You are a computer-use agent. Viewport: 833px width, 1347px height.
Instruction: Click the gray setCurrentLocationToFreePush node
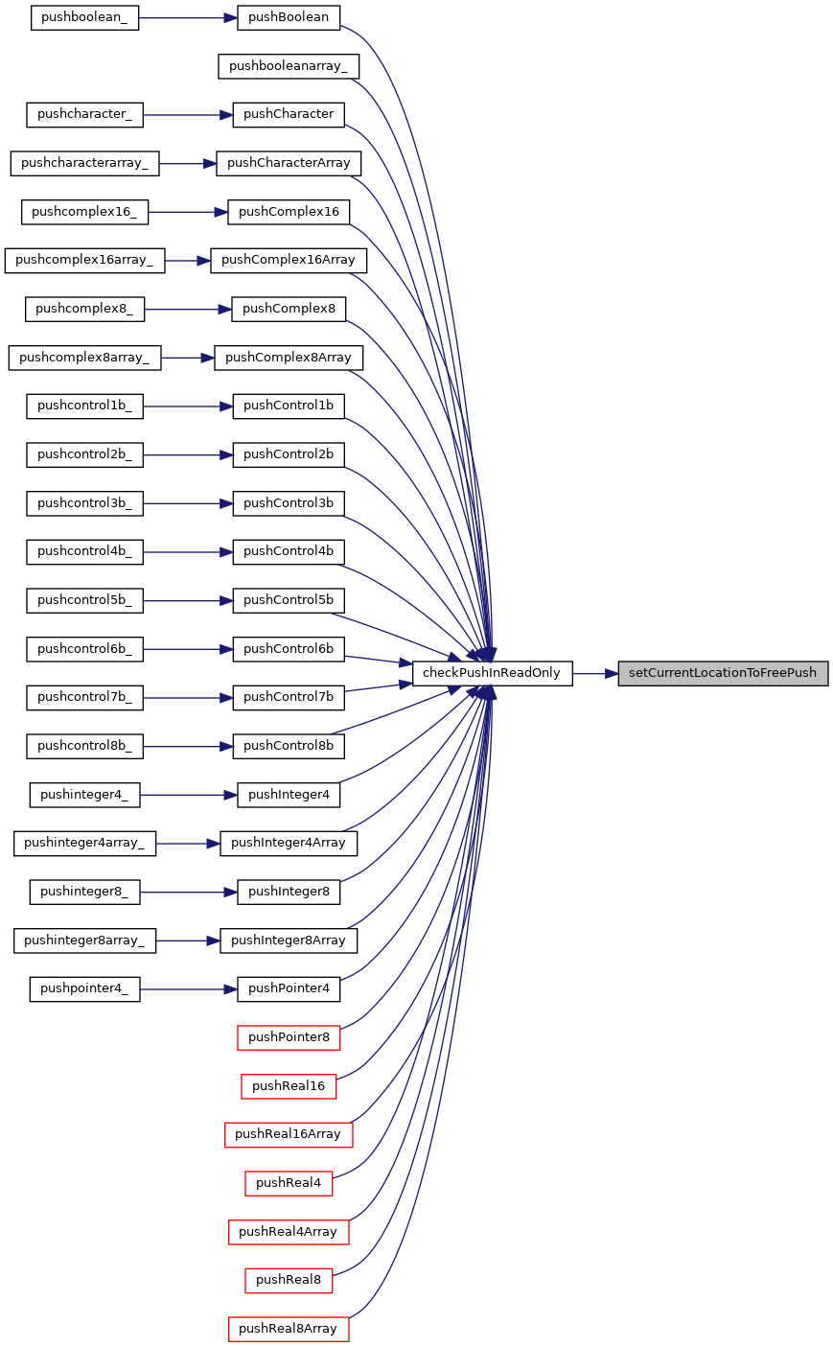click(723, 673)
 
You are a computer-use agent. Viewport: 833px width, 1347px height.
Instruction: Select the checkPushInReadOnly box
click(492, 673)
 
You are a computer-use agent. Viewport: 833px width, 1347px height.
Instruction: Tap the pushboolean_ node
click(84, 17)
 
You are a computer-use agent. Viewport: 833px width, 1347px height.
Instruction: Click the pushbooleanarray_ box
click(289, 66)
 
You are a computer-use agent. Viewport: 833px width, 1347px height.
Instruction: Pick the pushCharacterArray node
click(289, 163)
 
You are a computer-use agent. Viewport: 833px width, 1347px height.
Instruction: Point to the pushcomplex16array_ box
click(84, 260)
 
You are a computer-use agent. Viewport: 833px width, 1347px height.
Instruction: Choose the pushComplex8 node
click(289, 309)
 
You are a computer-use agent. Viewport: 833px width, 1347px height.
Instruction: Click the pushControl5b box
click(289, 600)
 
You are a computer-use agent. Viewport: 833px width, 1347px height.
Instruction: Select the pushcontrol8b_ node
click(84, 746)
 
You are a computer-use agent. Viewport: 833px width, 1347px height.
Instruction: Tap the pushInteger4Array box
click(289, 843)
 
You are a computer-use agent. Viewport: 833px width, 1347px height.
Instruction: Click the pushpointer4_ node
click(84, 988)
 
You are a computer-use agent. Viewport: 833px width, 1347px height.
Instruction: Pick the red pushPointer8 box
click(289, 1037)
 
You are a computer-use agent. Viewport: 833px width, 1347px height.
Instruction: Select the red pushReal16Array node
click(289, 1134)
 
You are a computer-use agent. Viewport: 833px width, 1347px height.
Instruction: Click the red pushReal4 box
click(289, 1183)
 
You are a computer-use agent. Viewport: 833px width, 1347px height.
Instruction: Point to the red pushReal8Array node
click(289, 1329)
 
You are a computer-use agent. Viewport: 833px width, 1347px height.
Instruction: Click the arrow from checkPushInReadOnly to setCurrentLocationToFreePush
click(595, 673)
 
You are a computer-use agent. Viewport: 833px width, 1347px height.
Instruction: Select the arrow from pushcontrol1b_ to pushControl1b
click(188, 406)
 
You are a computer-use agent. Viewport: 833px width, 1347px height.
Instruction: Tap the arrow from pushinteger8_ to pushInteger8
click(188, 892)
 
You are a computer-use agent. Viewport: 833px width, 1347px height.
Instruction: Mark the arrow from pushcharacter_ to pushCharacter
click(188, 115)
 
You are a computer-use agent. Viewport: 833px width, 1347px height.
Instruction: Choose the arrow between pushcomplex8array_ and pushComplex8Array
click(188, 358)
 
